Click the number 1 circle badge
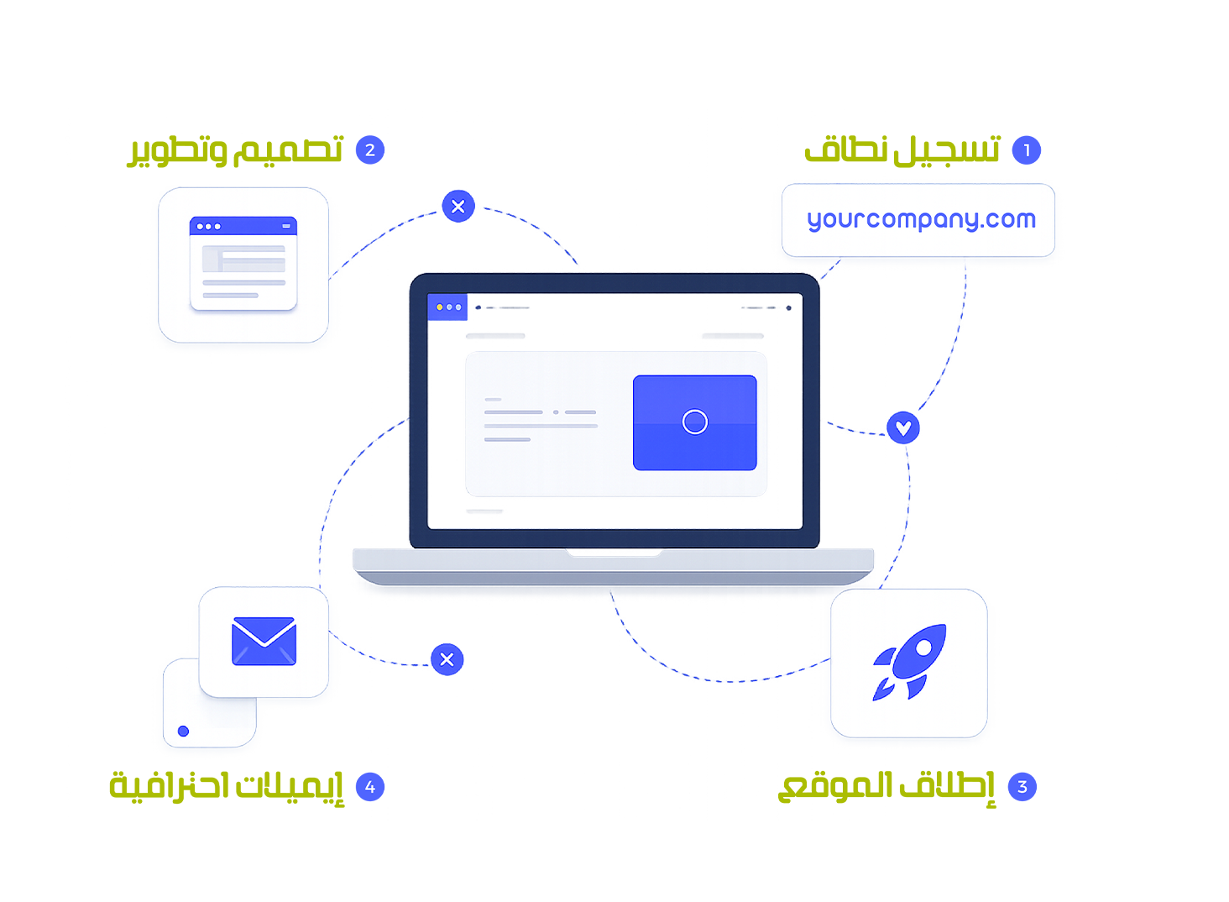1027,149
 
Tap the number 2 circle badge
370,149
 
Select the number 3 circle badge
1022,787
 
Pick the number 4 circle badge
370,787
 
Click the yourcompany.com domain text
922,220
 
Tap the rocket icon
910,662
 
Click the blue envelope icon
264,642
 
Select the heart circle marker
903,427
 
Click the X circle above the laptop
458,207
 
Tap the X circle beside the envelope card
447,659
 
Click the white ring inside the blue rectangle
695,422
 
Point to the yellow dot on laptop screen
440,307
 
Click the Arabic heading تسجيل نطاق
903,149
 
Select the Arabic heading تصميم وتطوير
235,150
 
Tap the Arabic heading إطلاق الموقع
886,787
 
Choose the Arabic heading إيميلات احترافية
227,787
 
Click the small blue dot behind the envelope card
184,732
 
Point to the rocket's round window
924,648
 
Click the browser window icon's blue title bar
243,226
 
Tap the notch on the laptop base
614,553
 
